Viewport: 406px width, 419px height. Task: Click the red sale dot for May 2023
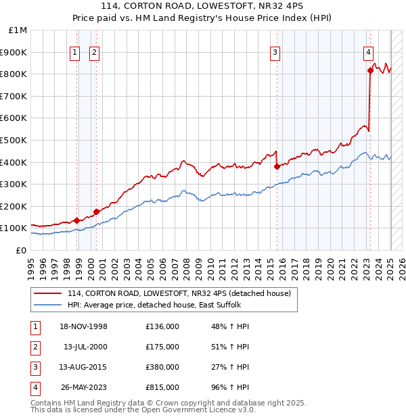pos(370,70)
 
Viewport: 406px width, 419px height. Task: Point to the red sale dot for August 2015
pos(277,166)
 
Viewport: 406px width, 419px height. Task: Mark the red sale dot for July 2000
pos(96,212)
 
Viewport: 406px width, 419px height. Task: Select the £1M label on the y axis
pos(18,30)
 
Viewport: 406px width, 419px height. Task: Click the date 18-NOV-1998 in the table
pos(85,327)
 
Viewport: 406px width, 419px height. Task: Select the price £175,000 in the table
pos(162,347)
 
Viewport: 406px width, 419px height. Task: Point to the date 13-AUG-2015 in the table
pos(85,368)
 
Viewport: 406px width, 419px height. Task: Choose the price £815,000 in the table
pos(162,388)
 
